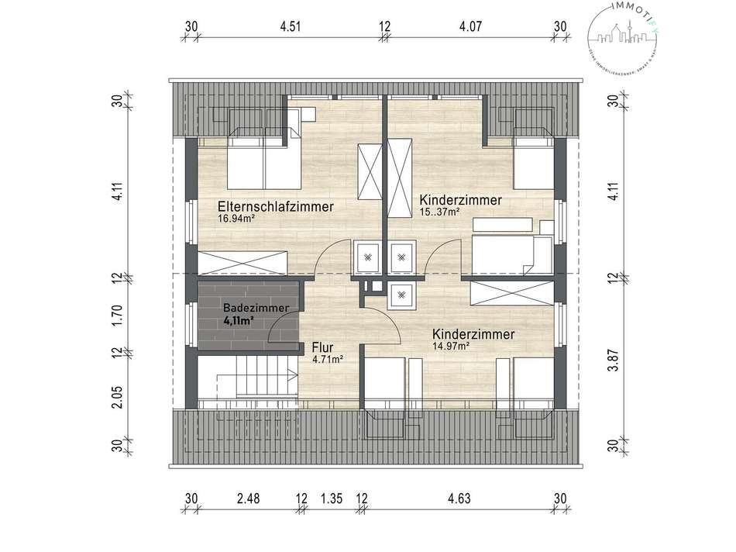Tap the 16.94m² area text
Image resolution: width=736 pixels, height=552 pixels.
[237, 219]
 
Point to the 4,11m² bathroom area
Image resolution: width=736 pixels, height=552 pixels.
[239, 319]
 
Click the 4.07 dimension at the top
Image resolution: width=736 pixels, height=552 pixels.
[471, 26]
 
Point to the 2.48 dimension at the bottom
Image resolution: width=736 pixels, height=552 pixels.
[248, 498]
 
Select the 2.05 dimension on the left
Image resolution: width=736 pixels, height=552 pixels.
[117, 381]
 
